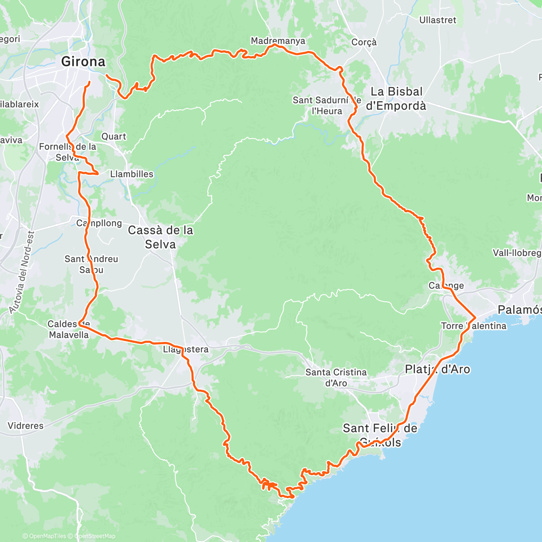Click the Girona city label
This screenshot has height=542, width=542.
pos(83,61)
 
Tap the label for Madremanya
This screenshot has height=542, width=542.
pos(278,41)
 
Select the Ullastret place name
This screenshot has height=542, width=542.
pos(437,20)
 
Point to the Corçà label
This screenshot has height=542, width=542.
pos(364,42)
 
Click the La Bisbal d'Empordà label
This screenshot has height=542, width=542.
pos(396,98)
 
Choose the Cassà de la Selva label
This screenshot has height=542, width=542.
pos(160,237)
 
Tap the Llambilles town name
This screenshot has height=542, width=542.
pos(131,174)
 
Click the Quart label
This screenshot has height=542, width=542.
pos(113,136)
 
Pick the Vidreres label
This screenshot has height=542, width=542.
pos(26,425)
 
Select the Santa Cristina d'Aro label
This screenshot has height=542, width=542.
pos(336,378)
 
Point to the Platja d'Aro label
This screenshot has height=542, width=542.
pos(437,369)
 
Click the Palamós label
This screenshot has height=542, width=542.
pos(519,310)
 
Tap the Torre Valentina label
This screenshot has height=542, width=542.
pos(474,326)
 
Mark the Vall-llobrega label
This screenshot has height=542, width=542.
pos(517,253)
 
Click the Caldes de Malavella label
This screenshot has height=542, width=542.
pos(69,329)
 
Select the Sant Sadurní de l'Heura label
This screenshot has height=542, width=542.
pos(327,105)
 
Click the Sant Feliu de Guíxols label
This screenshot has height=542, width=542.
pos(379,435)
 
